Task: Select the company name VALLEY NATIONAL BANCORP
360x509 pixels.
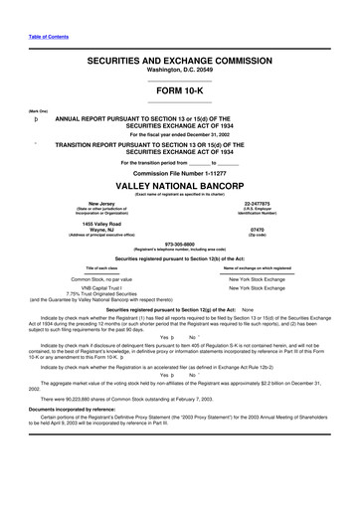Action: (x=180, y=186)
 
